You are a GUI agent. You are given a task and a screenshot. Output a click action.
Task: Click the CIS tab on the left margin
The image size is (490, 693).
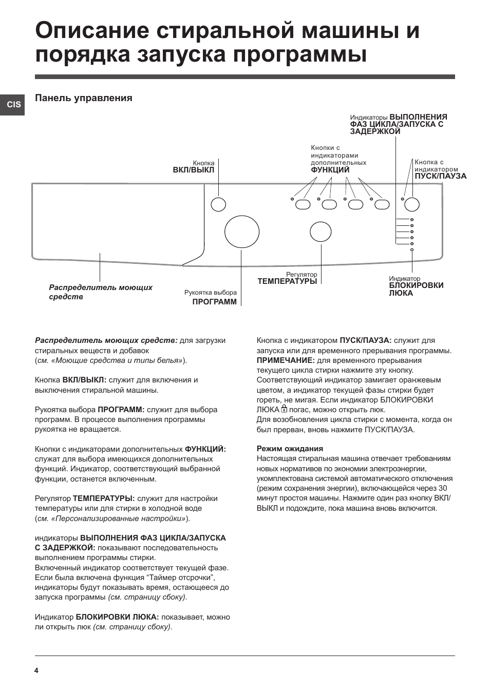pos(12,104)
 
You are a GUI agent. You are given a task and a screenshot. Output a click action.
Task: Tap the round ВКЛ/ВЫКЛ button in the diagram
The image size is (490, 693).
pos(218,204)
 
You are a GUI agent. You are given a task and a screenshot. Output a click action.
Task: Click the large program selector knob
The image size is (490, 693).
pos(242,232)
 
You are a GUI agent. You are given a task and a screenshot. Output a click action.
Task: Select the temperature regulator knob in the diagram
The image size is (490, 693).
pos(321,232)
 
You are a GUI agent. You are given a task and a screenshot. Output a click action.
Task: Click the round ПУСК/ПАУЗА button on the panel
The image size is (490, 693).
pos(411,204)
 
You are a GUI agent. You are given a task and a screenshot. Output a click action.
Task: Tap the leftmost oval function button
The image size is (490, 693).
pos(303,205)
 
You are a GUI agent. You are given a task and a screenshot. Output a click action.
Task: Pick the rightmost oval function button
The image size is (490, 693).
pos(382,205)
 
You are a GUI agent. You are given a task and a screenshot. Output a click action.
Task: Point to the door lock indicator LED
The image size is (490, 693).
pos(412,250)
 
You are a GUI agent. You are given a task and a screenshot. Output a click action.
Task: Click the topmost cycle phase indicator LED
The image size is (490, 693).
pos(412,220)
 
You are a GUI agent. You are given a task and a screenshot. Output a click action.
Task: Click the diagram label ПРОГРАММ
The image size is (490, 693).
pos(215,302)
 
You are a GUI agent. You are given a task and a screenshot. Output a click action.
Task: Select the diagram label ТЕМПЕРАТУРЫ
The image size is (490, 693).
pos(287,281)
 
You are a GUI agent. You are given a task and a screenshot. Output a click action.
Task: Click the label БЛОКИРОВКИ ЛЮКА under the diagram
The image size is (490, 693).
pos(416,289)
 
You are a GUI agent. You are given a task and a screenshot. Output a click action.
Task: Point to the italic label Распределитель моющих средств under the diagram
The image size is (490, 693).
pos(101,292)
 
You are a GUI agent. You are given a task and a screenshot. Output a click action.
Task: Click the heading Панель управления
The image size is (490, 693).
pos(84,98)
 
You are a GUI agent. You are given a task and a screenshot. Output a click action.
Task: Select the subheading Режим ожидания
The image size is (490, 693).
pos(290,449)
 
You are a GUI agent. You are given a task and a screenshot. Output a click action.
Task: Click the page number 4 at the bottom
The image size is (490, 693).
pos(36,670)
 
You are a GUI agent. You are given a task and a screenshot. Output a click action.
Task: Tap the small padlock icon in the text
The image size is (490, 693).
pos(284,409)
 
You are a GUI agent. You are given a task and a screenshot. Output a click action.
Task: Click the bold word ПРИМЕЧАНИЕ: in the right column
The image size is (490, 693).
pos(286,360)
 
